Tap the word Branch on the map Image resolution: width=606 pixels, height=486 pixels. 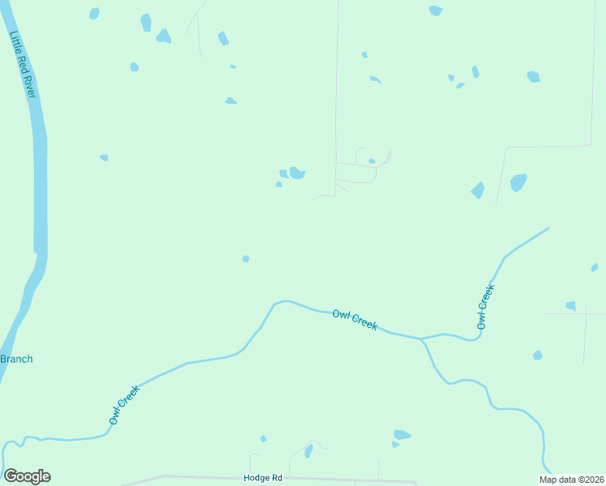coord(16,359)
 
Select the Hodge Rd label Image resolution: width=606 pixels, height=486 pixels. coord(262,478)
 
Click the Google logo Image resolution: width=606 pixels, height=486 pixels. coord(27,476)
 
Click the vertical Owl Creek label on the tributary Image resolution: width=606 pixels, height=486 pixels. coord(484,306)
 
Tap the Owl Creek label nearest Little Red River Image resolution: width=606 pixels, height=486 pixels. coord(125,404)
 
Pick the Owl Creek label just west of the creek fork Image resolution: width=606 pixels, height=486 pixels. coord(355,319)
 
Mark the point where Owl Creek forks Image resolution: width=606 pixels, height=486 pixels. coord(420,339)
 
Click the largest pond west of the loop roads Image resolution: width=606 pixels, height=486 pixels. coord(297,173)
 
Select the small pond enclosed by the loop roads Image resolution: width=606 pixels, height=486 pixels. coord(372,161)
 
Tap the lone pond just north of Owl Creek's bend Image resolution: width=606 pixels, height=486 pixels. coord(245,258)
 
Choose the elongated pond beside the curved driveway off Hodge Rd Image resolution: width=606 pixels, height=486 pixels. coord(309,450)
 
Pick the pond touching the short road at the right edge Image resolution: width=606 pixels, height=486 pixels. coord(571,305)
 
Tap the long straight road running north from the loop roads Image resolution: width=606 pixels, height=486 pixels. coord(336,81)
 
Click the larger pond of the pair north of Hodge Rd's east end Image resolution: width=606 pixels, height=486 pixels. coord(403,435)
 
